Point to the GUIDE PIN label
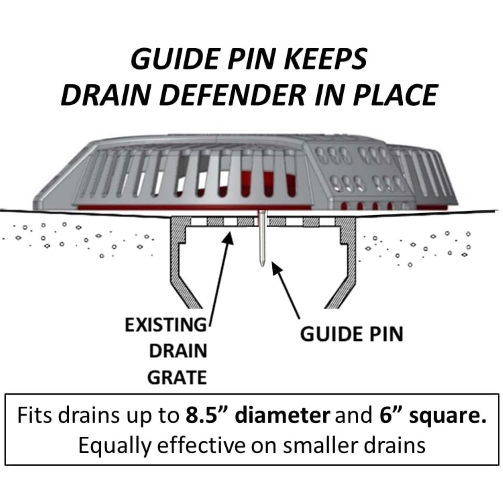pyautogui.click(x=351, y=334)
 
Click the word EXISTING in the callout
pyautogui.click(x=166, y=325)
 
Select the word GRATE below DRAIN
pyautogui.click(x=177, y=378)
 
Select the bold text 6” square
pyautogui.click(x=433, y=415)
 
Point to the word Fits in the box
pyautogui.click(x=34, y=415)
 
